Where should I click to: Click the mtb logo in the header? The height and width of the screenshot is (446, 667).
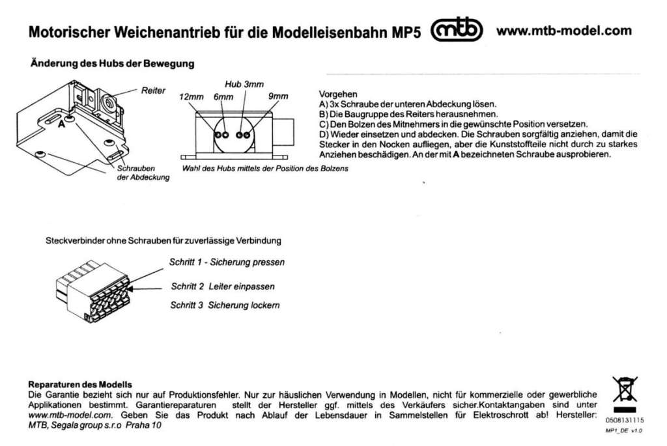[454, 31]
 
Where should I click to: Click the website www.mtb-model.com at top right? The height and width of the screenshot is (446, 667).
[564, 30]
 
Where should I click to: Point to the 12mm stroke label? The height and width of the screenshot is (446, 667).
[191, 97]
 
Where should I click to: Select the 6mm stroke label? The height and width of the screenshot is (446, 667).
[223, 97]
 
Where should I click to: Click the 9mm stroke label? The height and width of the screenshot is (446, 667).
[278, 97]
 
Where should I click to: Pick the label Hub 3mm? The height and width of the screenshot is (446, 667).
[244, 85]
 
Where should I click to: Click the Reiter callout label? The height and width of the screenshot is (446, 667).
[153, 91]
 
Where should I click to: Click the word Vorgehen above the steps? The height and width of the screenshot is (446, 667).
[339, 94]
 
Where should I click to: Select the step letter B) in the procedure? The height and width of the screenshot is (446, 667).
[324, 113]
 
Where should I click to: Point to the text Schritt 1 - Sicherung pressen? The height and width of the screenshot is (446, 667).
[227, 262]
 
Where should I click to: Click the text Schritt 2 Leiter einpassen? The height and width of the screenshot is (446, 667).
[222, 286]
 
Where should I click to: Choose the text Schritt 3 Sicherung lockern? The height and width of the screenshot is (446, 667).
[227, 305]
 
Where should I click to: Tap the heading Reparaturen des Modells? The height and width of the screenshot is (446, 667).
[81, 384]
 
